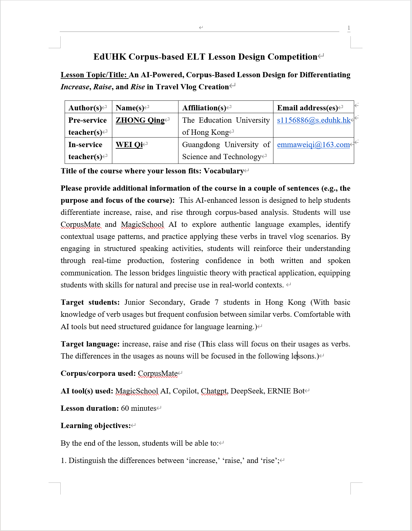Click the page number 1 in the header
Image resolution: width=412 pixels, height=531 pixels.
coord(349,28)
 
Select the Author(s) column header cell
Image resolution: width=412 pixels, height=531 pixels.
coord(85,108)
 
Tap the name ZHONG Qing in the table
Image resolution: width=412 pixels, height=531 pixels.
coord(140,120)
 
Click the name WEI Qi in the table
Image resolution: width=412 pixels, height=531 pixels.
coord(129,145)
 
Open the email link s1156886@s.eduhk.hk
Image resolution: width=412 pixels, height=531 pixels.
coord(314,120)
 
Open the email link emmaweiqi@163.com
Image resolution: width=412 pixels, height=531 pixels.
coord(313,145)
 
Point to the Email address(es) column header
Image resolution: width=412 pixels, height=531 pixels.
coord(307,108)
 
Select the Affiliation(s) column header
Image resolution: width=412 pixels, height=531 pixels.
coord(204,108)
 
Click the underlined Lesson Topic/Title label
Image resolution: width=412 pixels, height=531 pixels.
coord(94,75)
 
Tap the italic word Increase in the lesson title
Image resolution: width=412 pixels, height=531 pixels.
coord(75,87)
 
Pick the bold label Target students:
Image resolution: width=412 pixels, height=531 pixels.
coord(90,302)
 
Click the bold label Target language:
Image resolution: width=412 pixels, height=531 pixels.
coord(90,344)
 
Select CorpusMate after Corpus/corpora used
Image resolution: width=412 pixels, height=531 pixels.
coord(158,373)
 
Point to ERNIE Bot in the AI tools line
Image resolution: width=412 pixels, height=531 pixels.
coord(286,391)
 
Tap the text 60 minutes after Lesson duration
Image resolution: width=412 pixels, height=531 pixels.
coord(139,408)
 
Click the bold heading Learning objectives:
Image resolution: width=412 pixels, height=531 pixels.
coord(96,426)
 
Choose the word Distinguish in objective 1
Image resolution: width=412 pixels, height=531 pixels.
coord(87,461)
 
